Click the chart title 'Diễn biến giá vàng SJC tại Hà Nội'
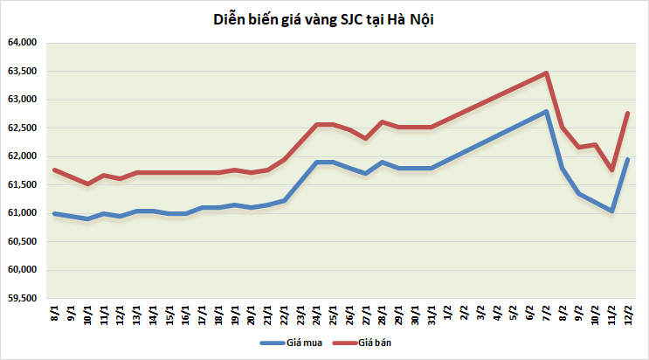point(324,20)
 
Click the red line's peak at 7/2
point(546,73)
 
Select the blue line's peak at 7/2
point(546,112)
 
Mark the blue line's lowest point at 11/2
point(611,211)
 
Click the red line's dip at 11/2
point(611,170)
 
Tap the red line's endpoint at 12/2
point(628,113)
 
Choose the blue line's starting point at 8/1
point(54,213)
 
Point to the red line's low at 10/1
point(87,183)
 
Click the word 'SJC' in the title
point(337,20)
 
